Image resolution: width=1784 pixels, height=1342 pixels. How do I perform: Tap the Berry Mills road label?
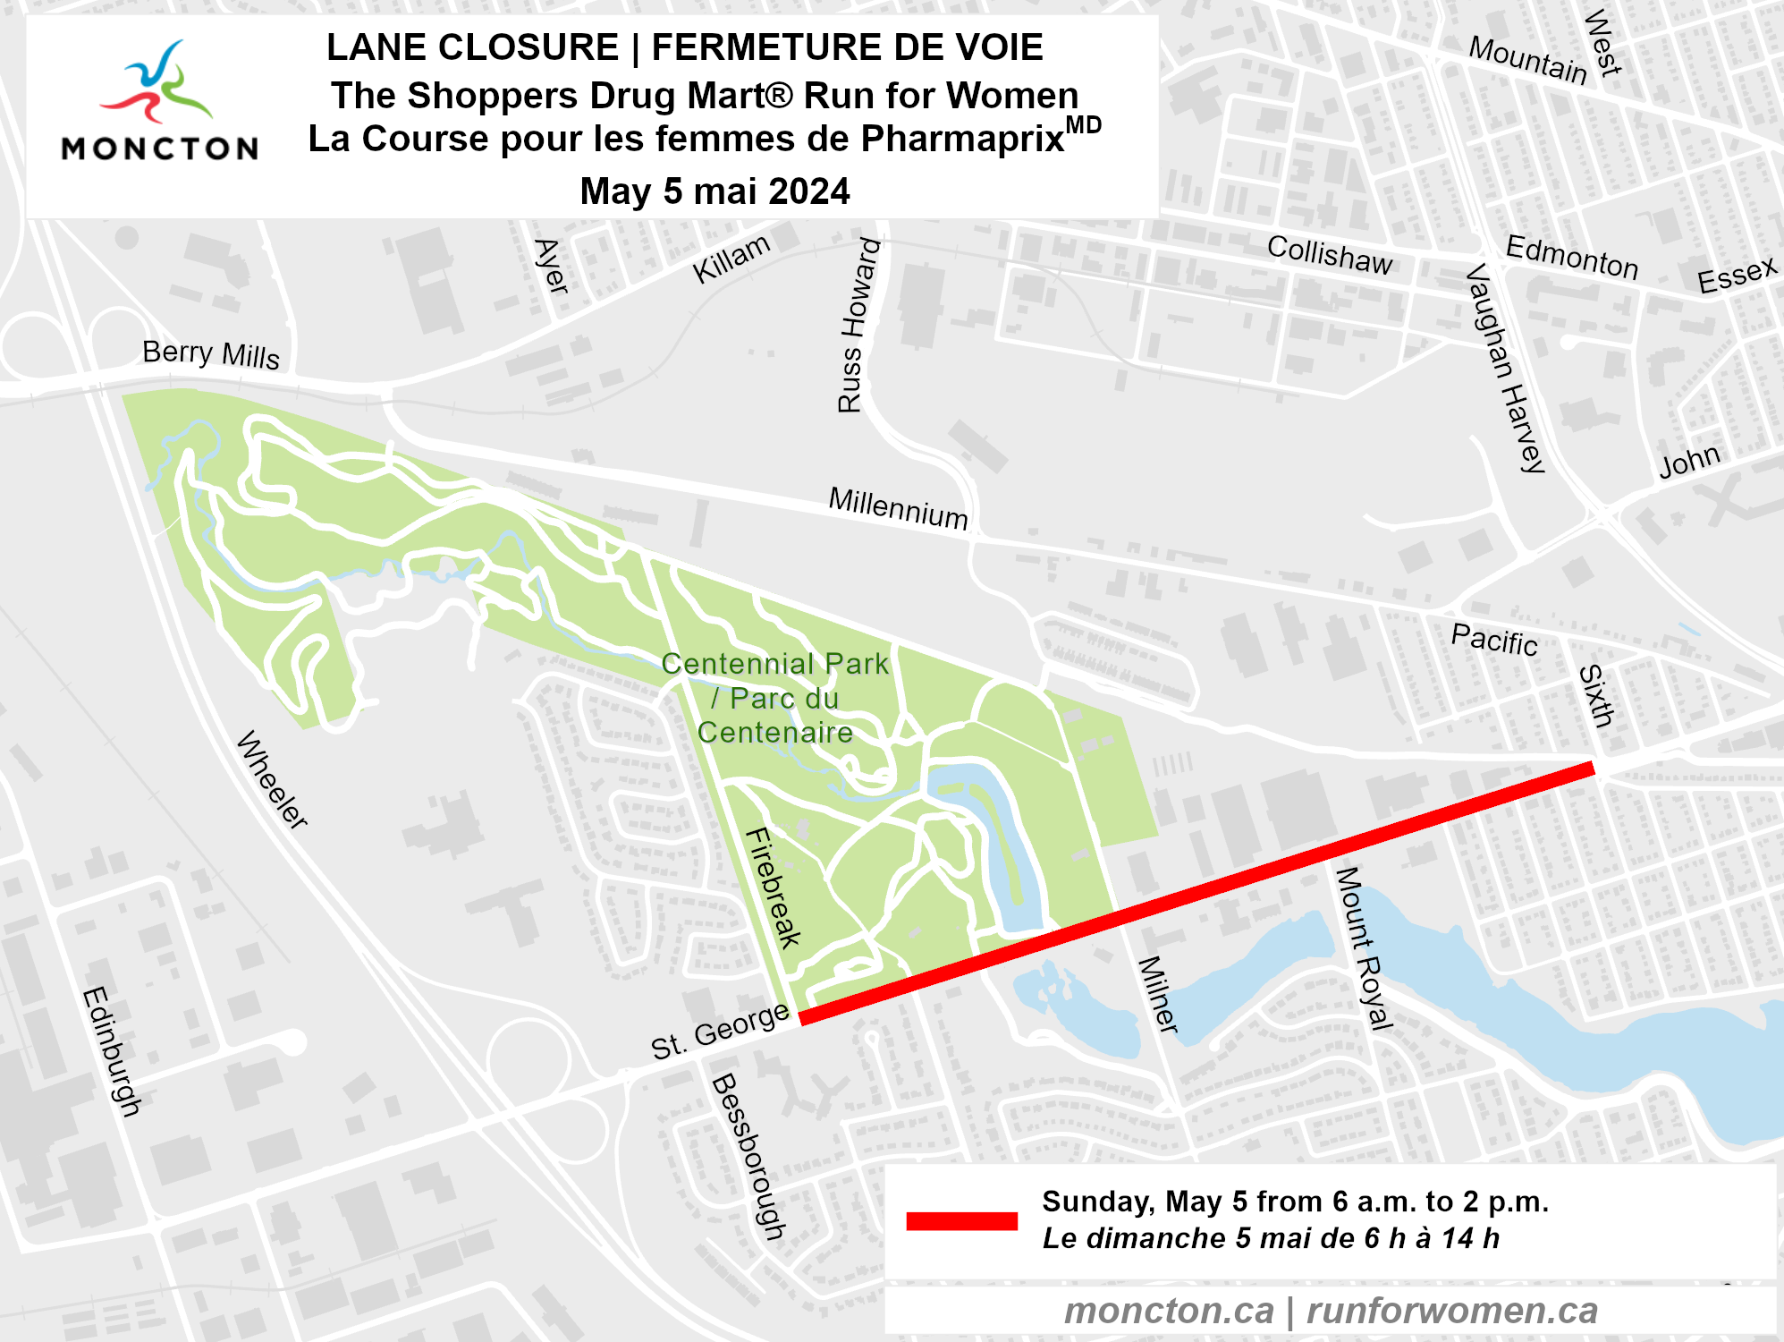[211, 354]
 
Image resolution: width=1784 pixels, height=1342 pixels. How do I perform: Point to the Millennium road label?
[898, 507]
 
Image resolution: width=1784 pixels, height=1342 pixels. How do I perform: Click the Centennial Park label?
[774, 698]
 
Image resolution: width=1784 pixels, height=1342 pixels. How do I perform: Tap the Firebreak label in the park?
[774, 887]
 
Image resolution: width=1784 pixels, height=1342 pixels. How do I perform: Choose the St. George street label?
[720, 1031]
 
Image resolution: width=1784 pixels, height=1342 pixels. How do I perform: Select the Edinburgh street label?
[112, 1051]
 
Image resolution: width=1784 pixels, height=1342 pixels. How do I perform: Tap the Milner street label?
[1158, 995]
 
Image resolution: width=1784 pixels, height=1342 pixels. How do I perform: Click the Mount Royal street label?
[1364, 947]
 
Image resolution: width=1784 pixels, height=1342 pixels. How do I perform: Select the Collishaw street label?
[1330, 255]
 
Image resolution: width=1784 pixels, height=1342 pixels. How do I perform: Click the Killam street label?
[731, 259]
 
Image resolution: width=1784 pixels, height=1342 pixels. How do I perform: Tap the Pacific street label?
[1494, 640]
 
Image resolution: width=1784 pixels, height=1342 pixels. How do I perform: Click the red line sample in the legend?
[961, 1221]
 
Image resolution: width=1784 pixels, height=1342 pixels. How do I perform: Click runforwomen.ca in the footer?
[1451, 1311]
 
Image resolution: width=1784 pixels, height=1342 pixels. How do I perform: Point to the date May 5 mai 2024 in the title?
[714, 191]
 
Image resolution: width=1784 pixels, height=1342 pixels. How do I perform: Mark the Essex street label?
[1737, 274]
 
